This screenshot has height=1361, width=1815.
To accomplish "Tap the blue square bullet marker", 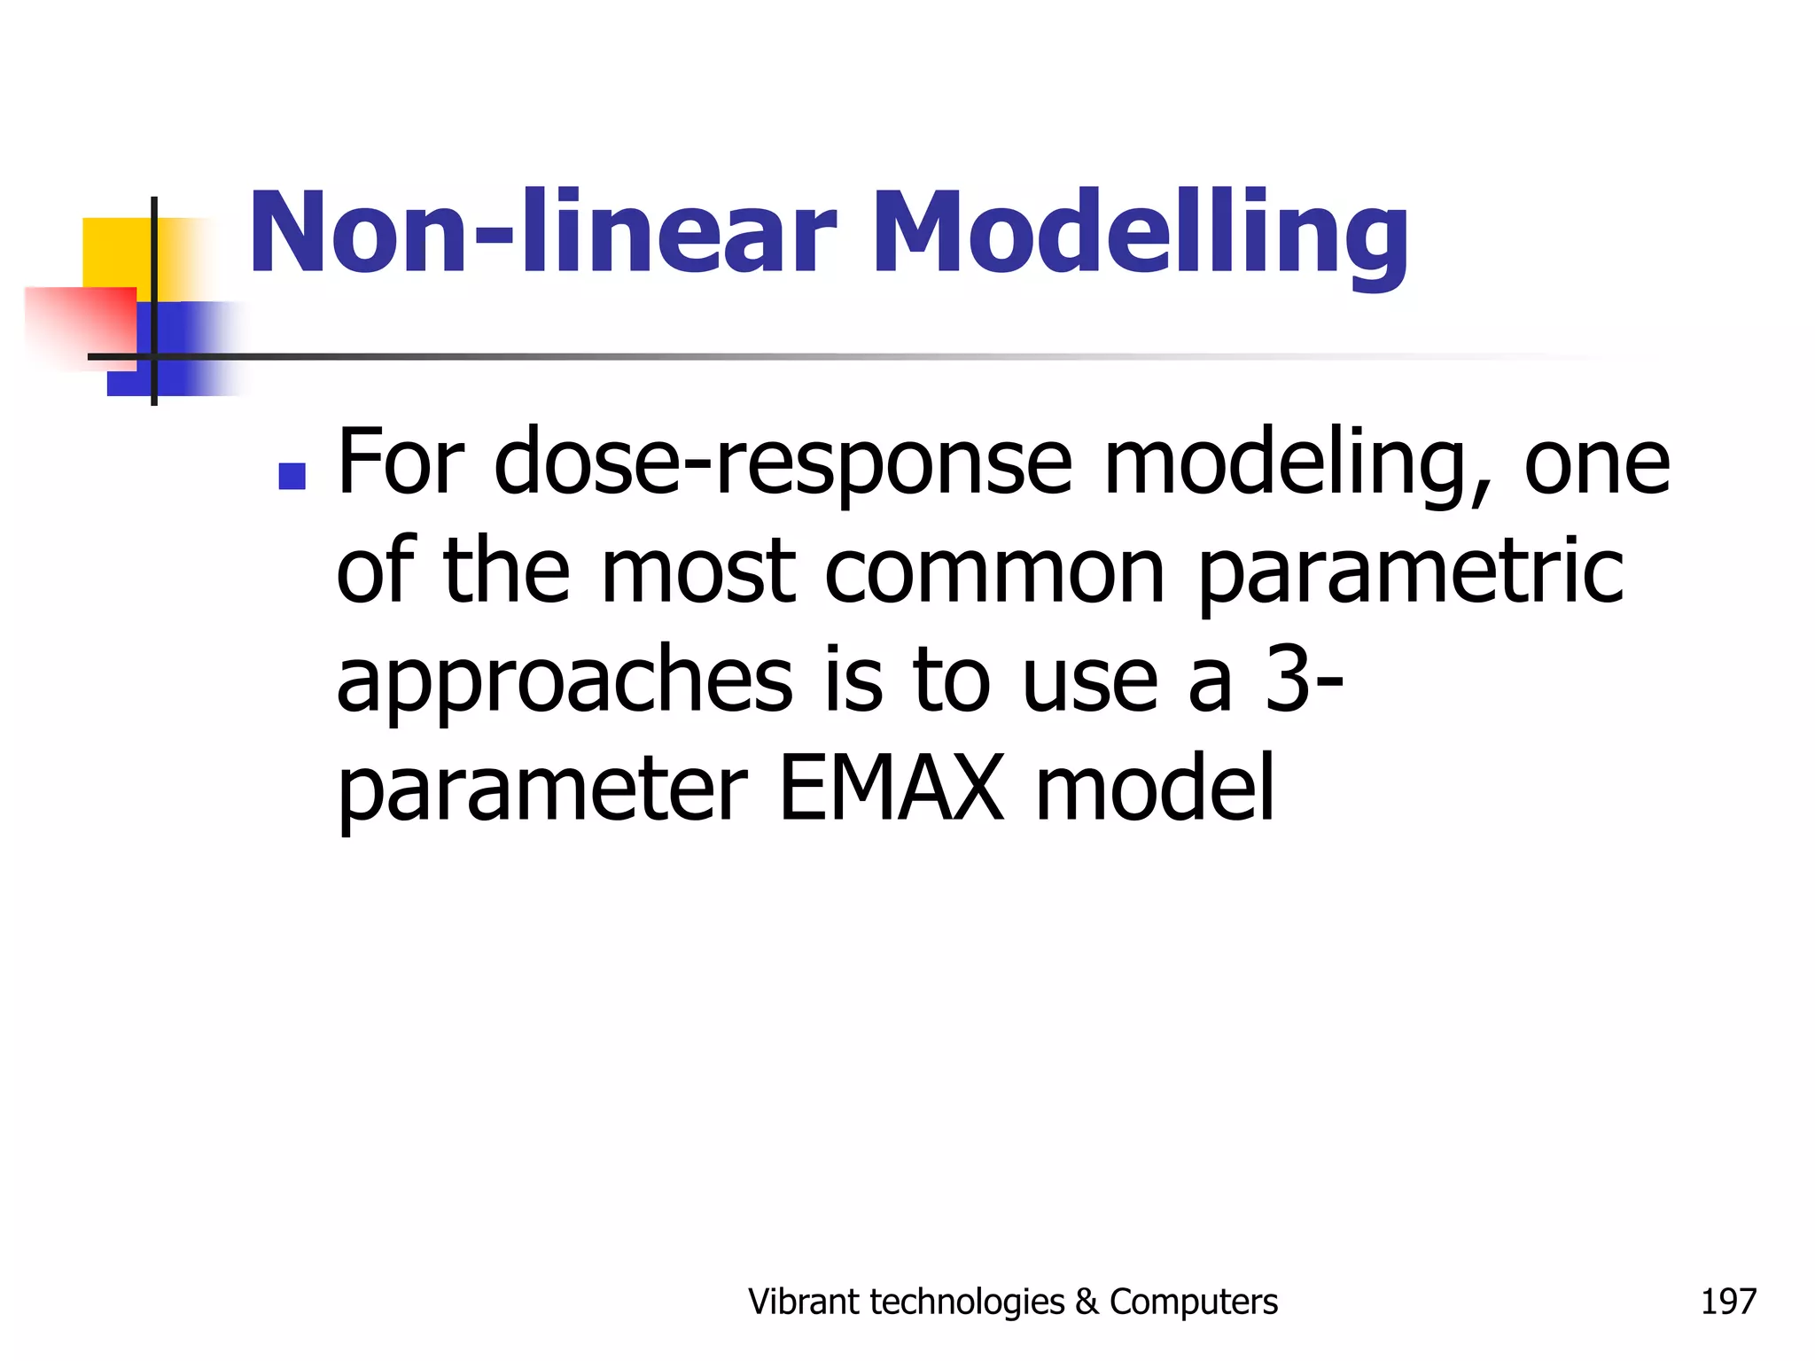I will click(292, 476).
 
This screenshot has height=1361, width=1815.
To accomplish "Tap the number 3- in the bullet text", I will click(1304, 680).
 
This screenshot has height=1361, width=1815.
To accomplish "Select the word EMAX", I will click(891, 789).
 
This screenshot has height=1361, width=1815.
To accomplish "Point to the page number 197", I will click(1727, 1302).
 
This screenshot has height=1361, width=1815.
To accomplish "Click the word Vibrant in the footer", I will click(803, 1302).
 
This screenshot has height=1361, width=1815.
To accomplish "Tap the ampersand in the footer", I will click(1087, 1302).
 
